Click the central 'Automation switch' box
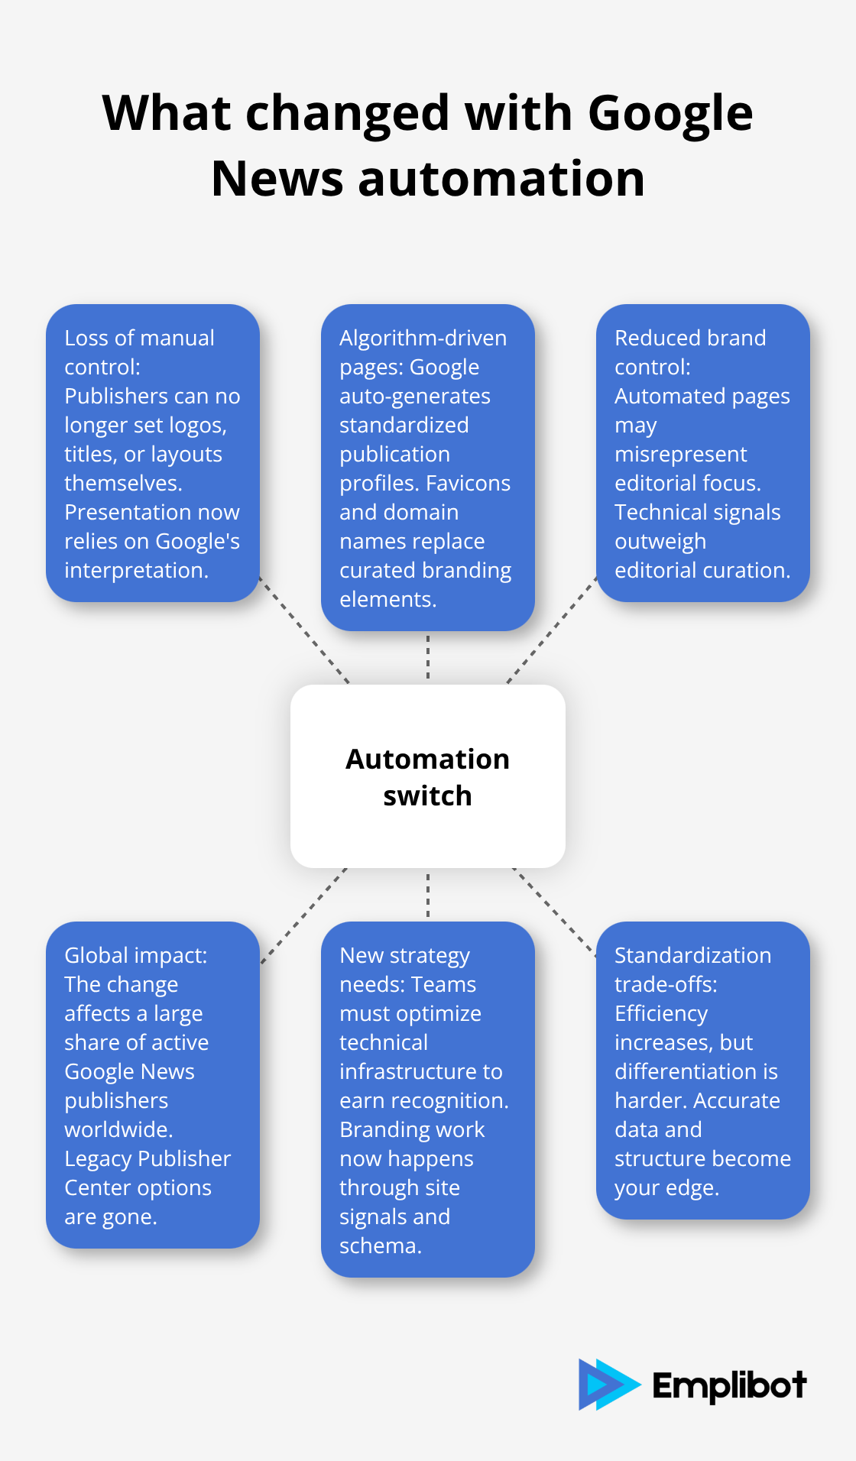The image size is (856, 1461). click(427, 776)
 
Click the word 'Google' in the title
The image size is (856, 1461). click(670, 113)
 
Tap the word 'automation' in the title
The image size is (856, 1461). click(501, 179)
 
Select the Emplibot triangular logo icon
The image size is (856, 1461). click(606, 1384)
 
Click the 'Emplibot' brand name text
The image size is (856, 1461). click(729, 1385)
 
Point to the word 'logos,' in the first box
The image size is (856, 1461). click(197, 425)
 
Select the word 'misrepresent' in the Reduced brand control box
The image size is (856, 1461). click(680, 454)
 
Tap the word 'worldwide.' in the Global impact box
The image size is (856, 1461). click(118, 1129)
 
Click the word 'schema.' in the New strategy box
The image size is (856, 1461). click(380, 1246)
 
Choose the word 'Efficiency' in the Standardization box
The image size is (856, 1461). click(660, 1013)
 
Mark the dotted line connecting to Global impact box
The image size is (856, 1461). click(304, 915)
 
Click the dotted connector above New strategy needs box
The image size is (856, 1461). click(428, 895)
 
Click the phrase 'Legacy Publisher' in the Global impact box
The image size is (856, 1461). click(147, 1158)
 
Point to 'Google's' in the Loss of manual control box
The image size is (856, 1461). click(197, 541)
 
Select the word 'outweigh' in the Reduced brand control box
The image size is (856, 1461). click(660, 541)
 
